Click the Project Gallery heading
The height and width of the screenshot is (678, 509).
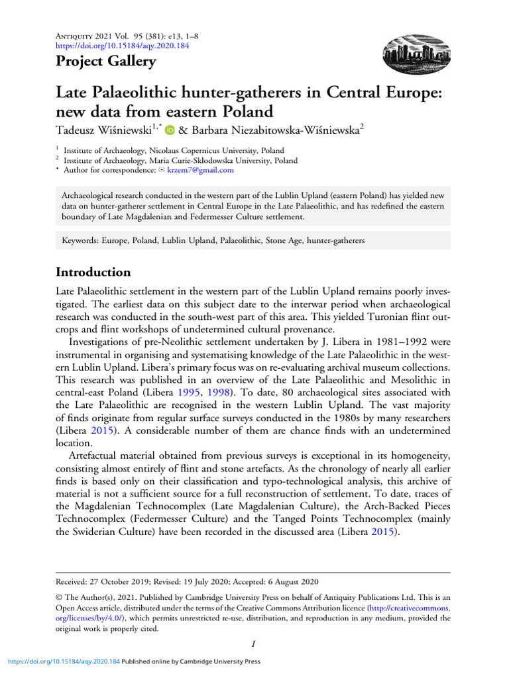105,62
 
